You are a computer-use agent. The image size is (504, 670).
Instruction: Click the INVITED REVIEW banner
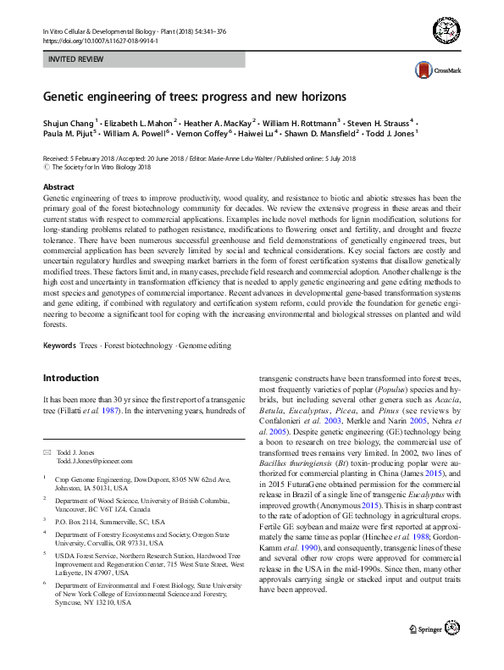coord(143,60)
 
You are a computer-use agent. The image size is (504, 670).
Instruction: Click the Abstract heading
coord(58,186)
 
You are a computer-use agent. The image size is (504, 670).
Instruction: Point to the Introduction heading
coord(71,378)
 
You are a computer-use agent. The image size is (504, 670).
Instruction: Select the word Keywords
coord(59,346)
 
